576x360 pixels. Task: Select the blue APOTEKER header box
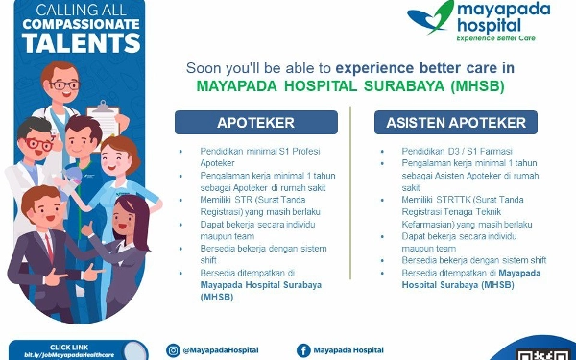click(255, 123)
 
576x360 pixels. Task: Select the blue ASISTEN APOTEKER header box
click(456, 123)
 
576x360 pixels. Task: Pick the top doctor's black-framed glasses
click(62, 84)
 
